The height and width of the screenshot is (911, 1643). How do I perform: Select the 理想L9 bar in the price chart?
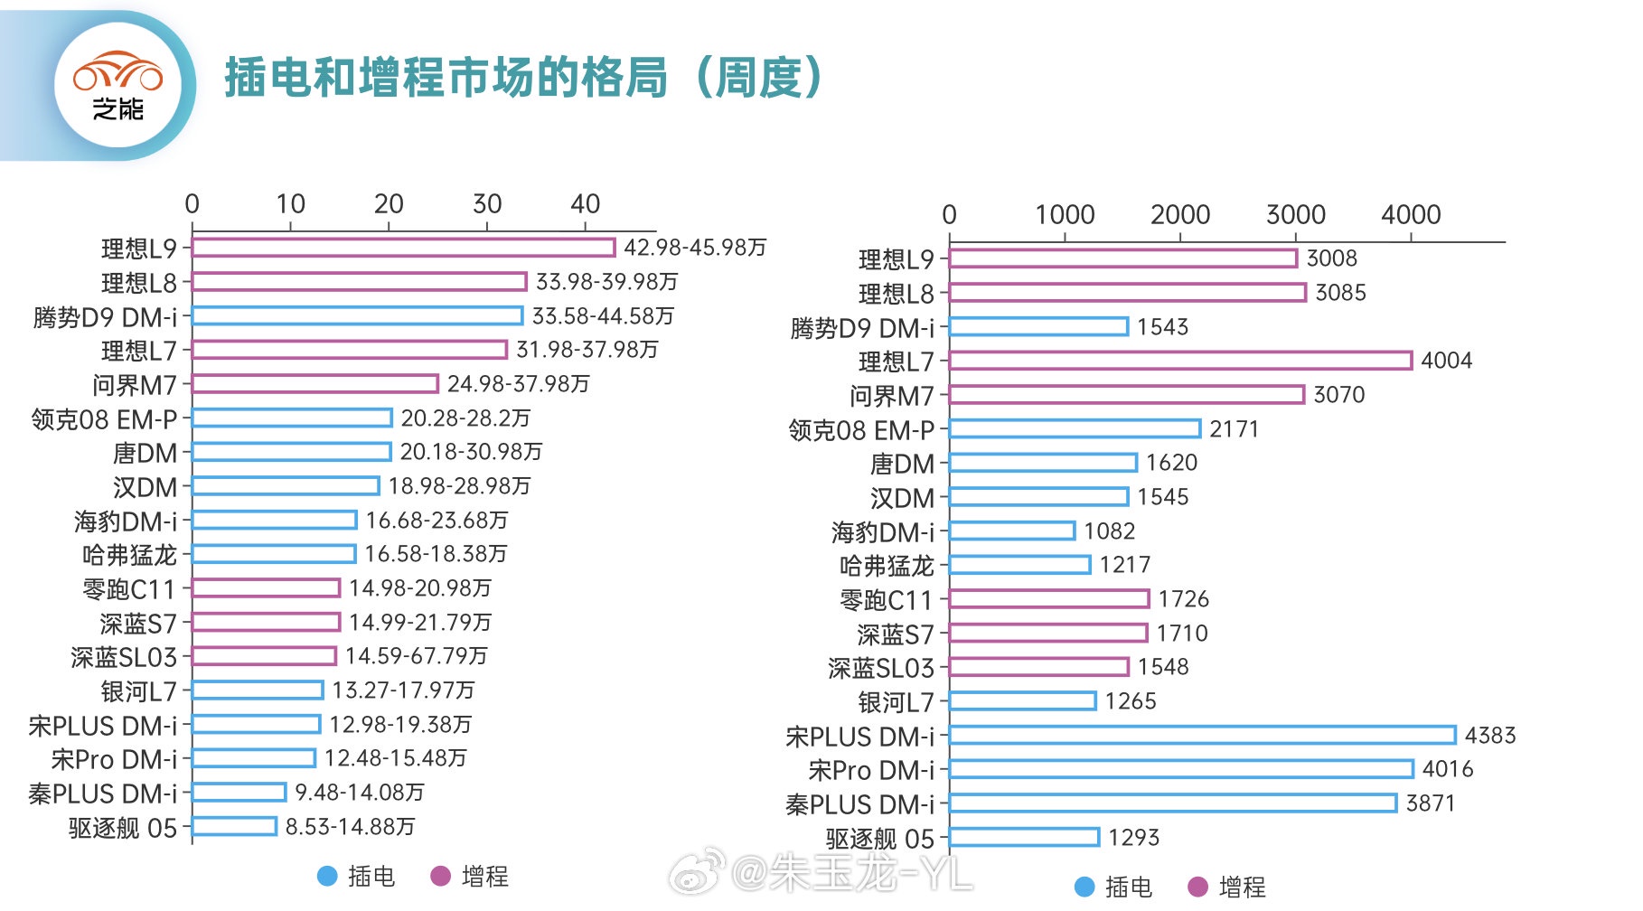[403, 248]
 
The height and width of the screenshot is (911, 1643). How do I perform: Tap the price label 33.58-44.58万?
[603, 316]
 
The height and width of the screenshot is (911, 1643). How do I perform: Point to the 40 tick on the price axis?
[586, 204]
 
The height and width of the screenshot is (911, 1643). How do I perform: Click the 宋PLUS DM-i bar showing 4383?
[1202, 736]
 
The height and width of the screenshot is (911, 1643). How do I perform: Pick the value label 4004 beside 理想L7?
[1446, 361]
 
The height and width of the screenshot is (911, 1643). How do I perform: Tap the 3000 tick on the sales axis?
[1295, 215]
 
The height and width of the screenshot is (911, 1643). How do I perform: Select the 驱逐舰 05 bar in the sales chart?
[1024, 838]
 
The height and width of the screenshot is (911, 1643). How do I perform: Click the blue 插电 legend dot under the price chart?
[327, 876]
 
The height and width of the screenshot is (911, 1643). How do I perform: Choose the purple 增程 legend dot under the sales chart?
[1198, 887]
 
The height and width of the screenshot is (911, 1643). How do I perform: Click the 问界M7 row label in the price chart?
[135, 385]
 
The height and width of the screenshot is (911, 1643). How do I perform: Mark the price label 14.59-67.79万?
[416, 656]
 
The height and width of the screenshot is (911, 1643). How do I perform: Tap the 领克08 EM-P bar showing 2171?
[1075, 429]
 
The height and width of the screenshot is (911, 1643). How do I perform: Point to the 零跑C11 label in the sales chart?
[886, 600]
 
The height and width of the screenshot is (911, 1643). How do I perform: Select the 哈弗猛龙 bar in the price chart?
[274, 554]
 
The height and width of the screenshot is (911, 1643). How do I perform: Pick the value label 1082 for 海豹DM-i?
[1109, 531]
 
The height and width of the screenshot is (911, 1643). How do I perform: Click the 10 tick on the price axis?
[291, 204]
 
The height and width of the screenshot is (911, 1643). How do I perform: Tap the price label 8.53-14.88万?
[350, 827]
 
